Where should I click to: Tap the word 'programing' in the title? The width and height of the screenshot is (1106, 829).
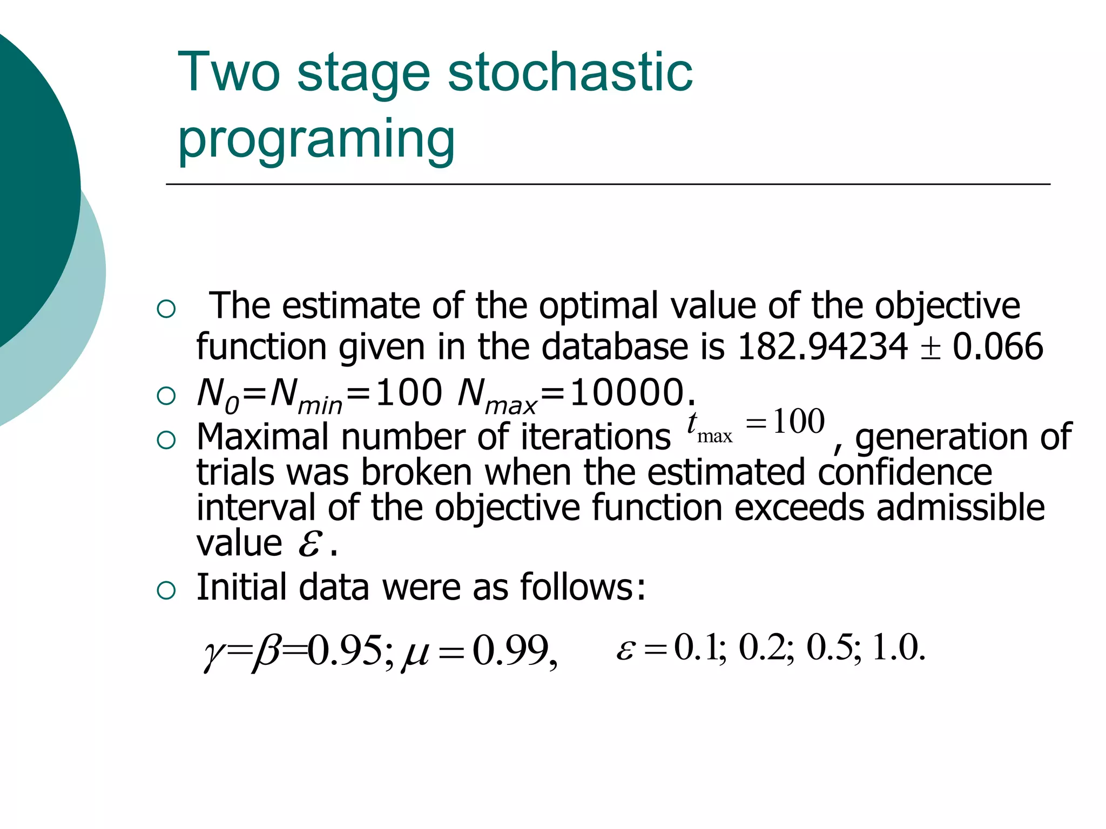(316, 139)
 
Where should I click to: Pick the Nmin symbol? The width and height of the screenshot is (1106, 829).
(306, 396)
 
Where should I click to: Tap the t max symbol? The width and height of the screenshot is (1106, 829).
(709, 427)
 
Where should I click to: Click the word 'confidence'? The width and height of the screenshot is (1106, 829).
(905, 472)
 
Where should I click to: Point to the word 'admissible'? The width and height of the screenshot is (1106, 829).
(960, 508)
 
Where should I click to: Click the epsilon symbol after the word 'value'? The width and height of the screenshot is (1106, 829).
(311, 544)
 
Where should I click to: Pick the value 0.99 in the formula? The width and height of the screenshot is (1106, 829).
(510, 650)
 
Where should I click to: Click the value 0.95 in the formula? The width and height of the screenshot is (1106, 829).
(346, 650)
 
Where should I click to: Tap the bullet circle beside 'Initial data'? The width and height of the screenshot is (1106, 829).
(166, 590)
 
